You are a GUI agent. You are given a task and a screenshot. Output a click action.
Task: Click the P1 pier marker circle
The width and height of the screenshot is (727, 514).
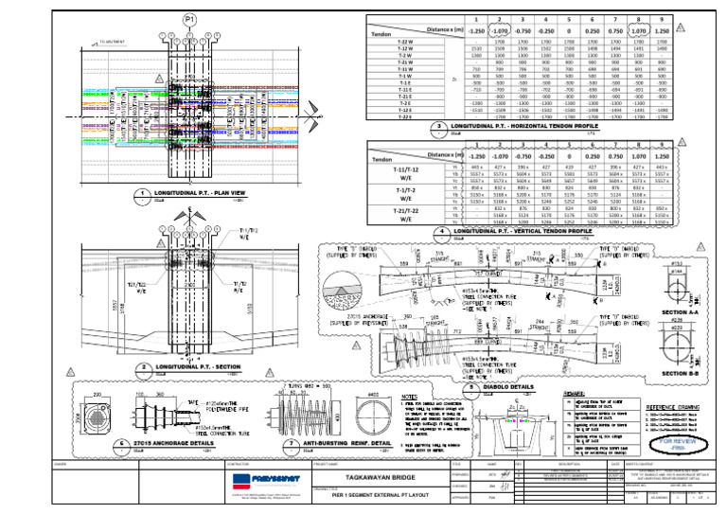tap(190, 19)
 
